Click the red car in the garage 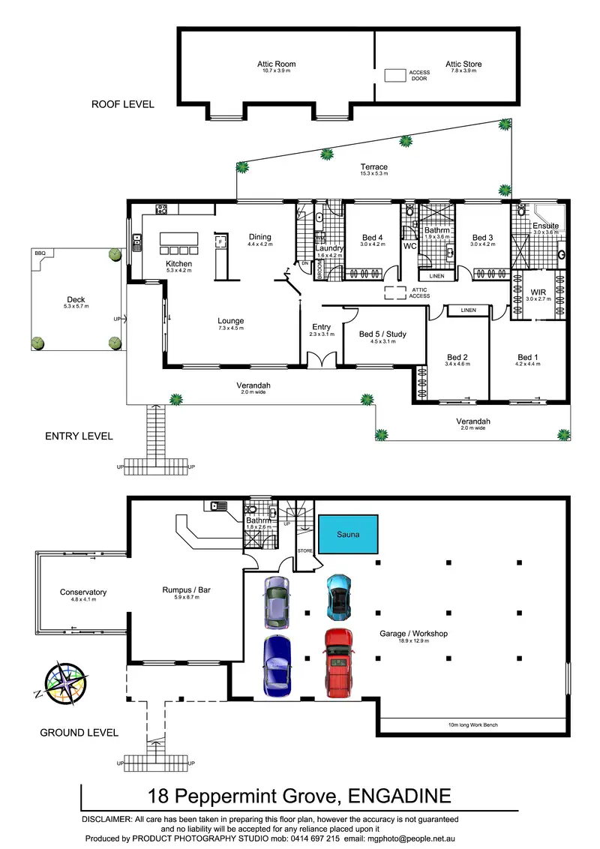[338, 663]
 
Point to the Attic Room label [276, 64]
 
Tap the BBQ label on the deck [40, 254]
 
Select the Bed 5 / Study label [382, 334]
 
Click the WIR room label [538, 292]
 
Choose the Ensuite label [545, 226]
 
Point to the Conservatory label [83, 592]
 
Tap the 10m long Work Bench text [469, 724]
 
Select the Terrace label [373, 167]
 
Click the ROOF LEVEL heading [123, 104]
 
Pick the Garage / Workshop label [413, 634]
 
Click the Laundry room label [329, 248]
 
